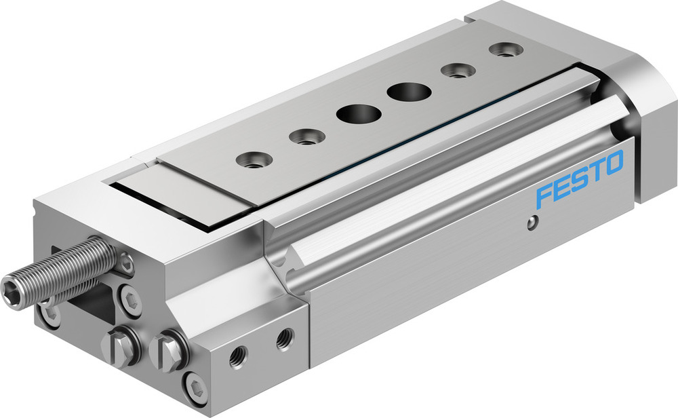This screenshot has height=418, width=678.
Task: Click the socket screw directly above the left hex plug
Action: click(130, 299)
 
